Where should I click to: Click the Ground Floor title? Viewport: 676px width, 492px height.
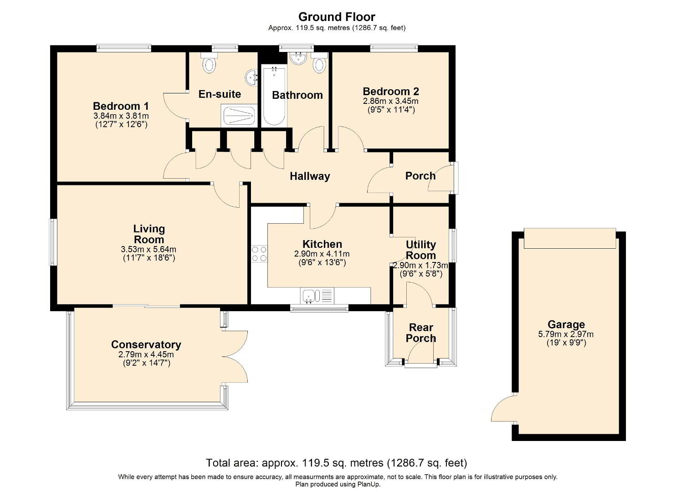click(337, 17)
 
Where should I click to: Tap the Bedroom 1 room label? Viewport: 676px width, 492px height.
click(121, 106)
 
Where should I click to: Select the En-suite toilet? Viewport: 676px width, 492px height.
click(210, 63)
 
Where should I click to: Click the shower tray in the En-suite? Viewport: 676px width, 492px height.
click(239, 115)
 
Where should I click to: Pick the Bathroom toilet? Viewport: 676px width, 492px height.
click(319, 63)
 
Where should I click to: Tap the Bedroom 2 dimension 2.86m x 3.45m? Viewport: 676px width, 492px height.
click(391, 101)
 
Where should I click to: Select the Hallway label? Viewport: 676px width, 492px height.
click(310, 176)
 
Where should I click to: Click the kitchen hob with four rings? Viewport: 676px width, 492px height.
click(259, 254)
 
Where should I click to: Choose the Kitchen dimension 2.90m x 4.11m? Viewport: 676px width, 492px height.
click(322, 254)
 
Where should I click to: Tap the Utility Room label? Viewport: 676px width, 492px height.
click(421, 250)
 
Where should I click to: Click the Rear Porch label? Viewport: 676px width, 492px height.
click(421, 333)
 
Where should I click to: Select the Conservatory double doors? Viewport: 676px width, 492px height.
click(235, 357)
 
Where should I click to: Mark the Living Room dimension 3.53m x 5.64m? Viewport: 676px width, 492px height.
click(149, 249)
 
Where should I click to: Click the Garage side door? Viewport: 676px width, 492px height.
click(503, 409)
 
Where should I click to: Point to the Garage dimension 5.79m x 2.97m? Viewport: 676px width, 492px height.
click(566, 334)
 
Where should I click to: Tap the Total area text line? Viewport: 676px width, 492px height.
click(337, 463)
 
